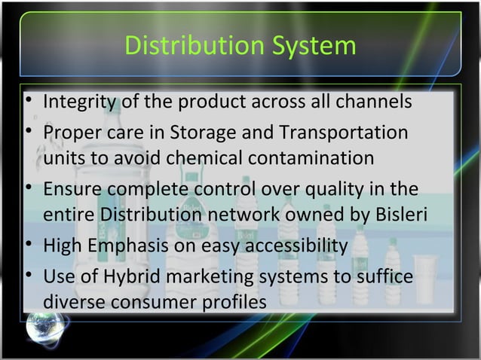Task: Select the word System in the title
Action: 314,46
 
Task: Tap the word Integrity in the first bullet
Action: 78,101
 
